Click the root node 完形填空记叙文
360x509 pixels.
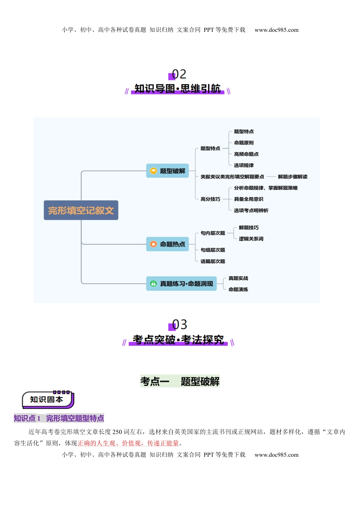pyautogui.click(x=81, y=210)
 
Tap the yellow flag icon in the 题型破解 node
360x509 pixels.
pyautogui.click(x=153, y=171)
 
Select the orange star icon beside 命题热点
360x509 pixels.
pyautogui.click(x=153, y=244)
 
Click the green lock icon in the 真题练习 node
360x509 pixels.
pyautogui.click(x=153, y=284)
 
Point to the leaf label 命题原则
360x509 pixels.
pyautogui.click(x=244, y=143)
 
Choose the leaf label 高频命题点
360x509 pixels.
pyautogui.click(x=246, y=154)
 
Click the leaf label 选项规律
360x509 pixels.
pyautogui.click(x=244, y=166)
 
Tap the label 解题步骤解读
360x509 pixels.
pyautogui.click(x=293, y=177)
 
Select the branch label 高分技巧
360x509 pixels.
pyautogui.click(x=210, y=199)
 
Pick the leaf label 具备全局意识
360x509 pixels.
pyautogui.click(x=249, y=199)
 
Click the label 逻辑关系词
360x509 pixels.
pyautogui.click(x=251, y=239)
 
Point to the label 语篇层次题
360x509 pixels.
pyautogui.click(x=213, y=261)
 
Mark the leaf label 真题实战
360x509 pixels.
pyautogui.click(x=238, y=278)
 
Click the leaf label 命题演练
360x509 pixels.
pyautogui.click(x=238, y=290)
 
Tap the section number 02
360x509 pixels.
pyautogui.click(x=179, y=74)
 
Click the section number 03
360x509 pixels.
pyautogui.click(x=179, y=325)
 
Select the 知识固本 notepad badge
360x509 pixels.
pyautogui.click(x=48, y=400)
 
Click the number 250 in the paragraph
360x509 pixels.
pyautogui.click(x=117, y=432)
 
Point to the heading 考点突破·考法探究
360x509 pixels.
pyautogui.click(x=178, y=340)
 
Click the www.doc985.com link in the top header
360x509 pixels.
pyautogui.click(x=276, y=30)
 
